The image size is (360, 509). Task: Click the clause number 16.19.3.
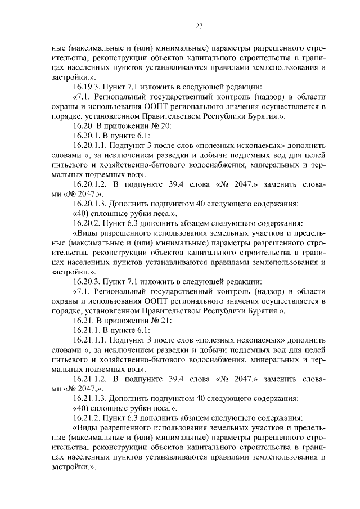tap(88, 87)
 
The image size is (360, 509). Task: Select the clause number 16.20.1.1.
tap(91, 146)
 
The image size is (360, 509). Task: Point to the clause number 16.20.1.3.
tap(91, 204)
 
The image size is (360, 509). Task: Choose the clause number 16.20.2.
tap(88, 224)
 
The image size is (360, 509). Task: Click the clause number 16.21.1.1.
tap(91, 340)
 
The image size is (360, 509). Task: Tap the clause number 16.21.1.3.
tap(91, 399)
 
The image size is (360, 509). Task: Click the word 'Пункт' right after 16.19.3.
tap(118, 87)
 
